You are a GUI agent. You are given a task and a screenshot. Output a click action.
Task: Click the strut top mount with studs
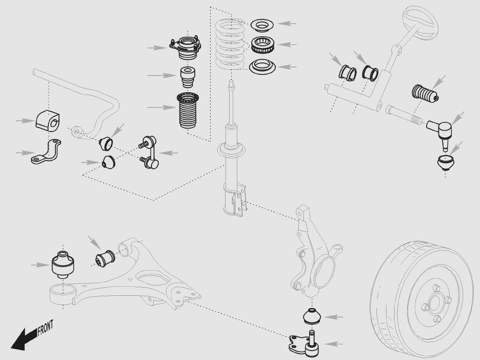(185, 47)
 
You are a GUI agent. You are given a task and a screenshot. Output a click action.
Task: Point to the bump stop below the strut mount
(187, 77)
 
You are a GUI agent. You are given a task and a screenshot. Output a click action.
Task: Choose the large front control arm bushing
(63, 264)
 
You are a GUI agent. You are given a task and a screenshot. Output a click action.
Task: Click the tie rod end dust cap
(446, 162)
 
